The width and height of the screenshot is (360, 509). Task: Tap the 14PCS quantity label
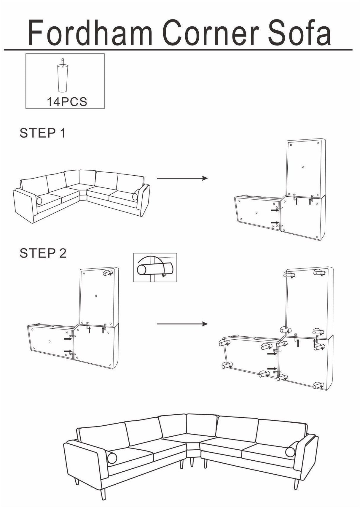pos(67,102)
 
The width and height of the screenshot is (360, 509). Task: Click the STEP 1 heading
pos(42,133)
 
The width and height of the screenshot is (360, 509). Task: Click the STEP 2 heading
pos(43,253)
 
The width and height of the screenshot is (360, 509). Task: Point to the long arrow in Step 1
pos(182,178)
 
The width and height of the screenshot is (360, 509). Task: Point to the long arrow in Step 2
pos(182,324)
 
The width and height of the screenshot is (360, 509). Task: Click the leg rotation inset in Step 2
pos(155,267)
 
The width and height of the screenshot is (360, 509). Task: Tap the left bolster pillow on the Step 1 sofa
pos(39,201)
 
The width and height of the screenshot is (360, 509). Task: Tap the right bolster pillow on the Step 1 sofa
pos(135,197)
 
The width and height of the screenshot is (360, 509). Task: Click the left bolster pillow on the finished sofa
pos(112,458)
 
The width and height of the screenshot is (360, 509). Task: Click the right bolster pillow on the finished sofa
pos(290,452)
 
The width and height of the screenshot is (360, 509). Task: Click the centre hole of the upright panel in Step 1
pos(303,167)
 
